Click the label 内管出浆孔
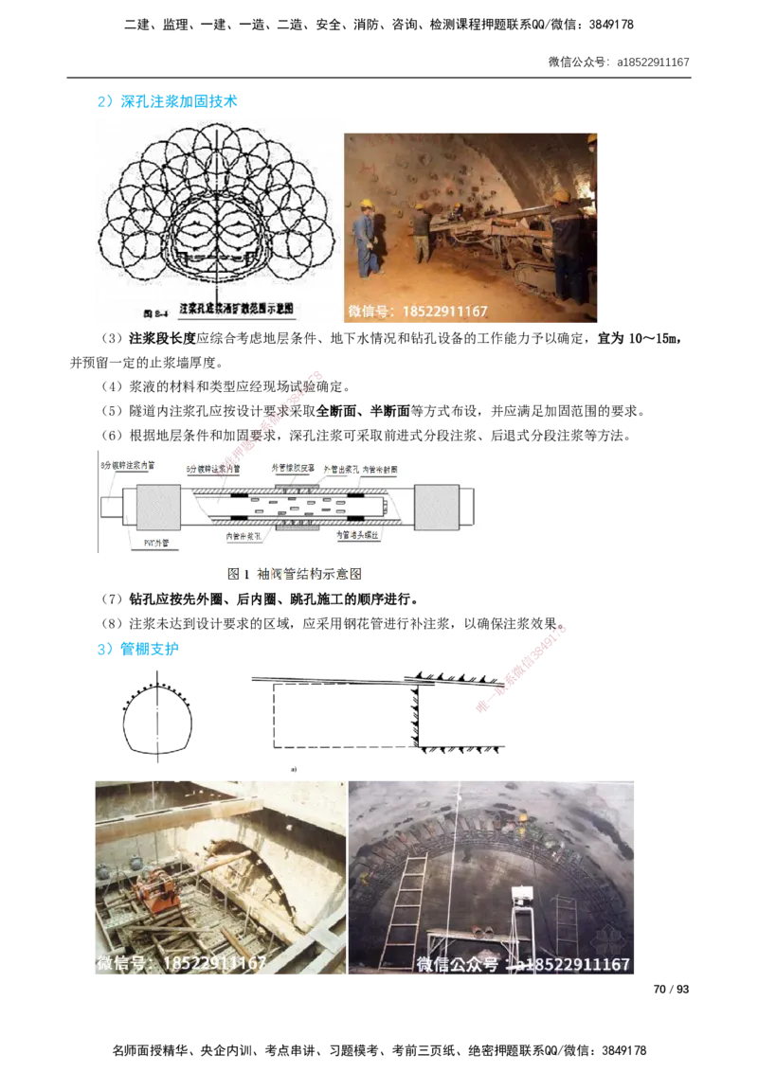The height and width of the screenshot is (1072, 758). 244,535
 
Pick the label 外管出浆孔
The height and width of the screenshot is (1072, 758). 342,467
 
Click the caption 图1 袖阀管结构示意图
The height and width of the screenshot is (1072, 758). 295,574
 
